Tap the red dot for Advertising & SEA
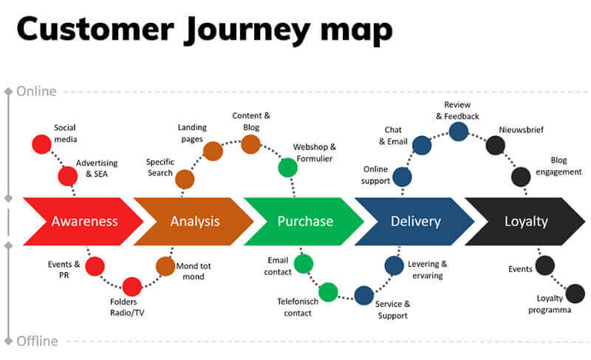click(68, 176)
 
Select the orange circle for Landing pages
click(213, 151)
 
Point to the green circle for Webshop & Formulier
click(287, 168)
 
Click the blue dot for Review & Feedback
click(459, 131)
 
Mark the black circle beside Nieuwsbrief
click(495, 145)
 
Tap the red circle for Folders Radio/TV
click(132, 286)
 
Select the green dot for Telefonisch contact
click(328, 291)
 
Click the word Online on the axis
click(36, 92)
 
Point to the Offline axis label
click(37, 341)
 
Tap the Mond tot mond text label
click(190, 271)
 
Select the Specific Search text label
click(160, 167)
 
